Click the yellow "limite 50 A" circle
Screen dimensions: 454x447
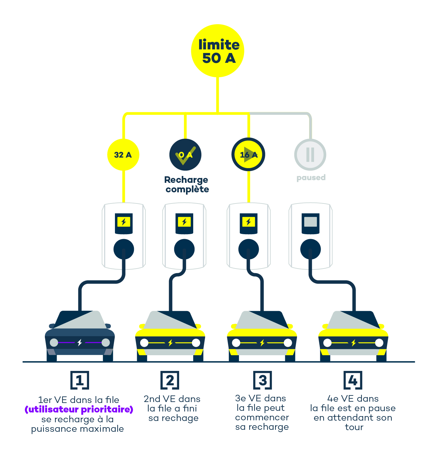(218, 51)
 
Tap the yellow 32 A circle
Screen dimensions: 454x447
(123, 155)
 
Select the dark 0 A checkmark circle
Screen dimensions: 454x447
(185, 155)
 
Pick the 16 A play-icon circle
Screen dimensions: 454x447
(249, 155)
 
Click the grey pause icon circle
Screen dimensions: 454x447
(310, 155)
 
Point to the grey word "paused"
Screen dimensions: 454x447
(311, 178)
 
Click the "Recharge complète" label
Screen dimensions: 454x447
(187, 184)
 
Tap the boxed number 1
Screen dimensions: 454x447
(80, 380)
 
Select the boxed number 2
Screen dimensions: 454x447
(170, 380)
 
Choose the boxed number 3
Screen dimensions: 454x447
(263, 380)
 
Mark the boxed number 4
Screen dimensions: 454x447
(353, 380)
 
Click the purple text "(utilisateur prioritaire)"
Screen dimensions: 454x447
(79, 410)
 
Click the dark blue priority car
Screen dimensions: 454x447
(80, 337)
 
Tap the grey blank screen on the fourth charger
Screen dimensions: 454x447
(310, 222)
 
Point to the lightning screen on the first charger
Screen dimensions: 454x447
(124, 222)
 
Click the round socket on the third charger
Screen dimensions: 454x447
(249, 249)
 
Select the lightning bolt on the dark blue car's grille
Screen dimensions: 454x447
(80, 342)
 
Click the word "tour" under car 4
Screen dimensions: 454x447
(354, 427)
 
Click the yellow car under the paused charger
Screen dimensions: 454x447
(353, 337)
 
